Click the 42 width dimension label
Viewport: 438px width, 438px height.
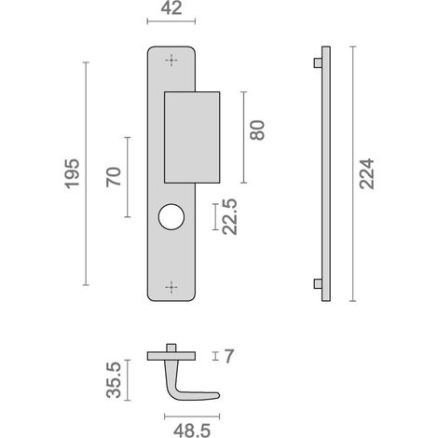[171, 8]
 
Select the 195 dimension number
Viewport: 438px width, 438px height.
[72, 173]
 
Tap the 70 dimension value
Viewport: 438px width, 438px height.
[114, 177]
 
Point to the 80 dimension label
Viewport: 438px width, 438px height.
[257, 130]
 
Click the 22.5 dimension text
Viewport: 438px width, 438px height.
[230, 217]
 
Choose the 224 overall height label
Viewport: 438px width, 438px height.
[367, 173]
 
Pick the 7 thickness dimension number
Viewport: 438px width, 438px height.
[228, 356]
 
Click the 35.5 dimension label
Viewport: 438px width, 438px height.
[114, 380]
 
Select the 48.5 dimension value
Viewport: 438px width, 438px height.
[192, 431]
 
